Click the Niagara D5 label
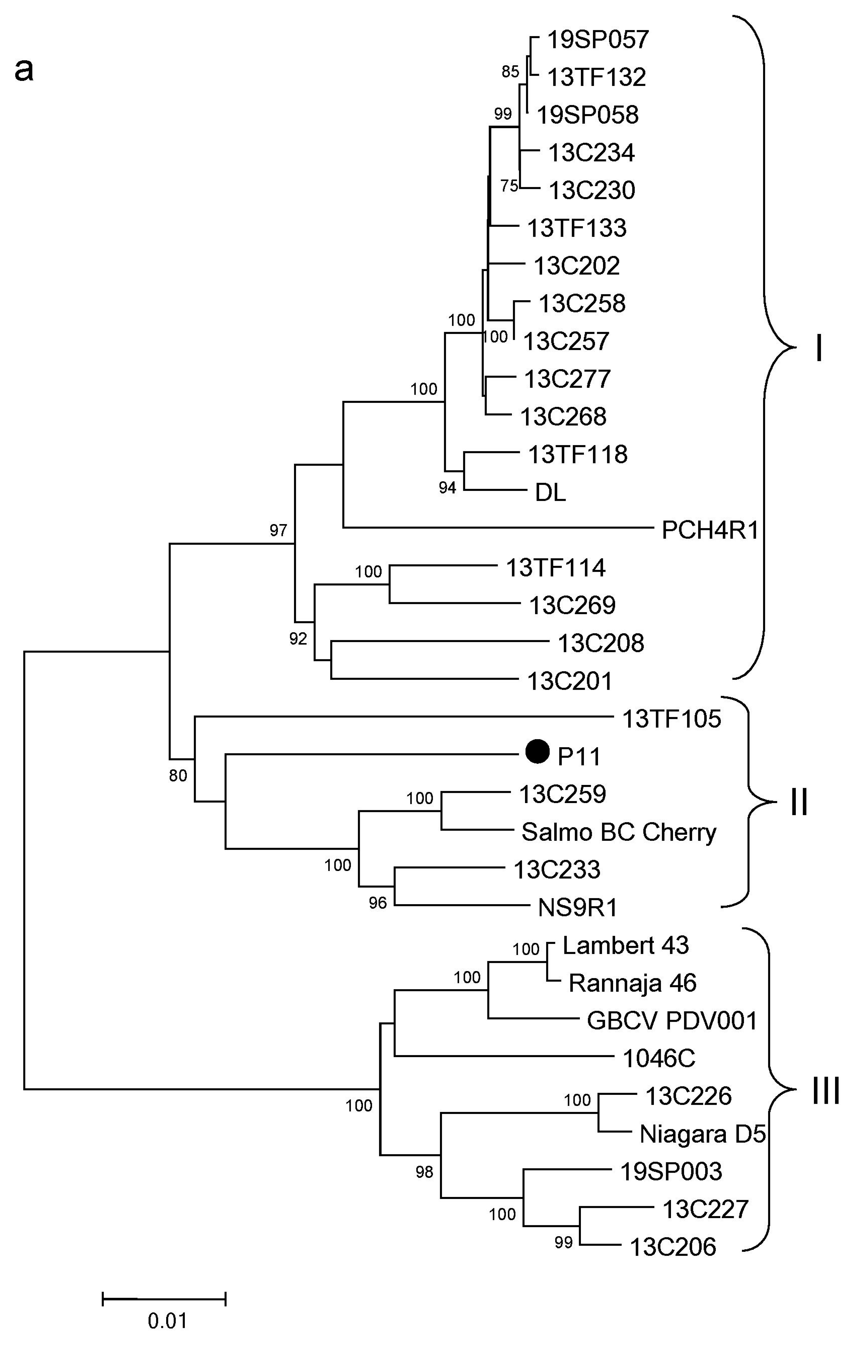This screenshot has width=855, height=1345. coord(702,1134)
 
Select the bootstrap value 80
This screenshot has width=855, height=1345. coord(178,775)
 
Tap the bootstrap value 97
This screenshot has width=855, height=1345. coord(278,530)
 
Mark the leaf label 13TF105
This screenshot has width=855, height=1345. coord(672,719)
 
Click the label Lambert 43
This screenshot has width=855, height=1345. coord(626,946)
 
